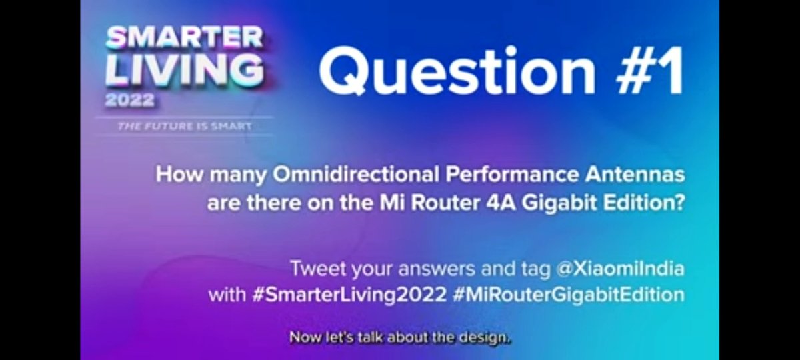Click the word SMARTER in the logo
pyautogui.click(x=185, y=39)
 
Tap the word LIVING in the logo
pyautogui.click(x=184, y=70)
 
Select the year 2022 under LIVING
pyautogui.click(x=129, y=101)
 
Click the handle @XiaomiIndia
pyautogui.click(x=622, y=269)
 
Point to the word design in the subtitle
pyautogui.click(x=487, y=337)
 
